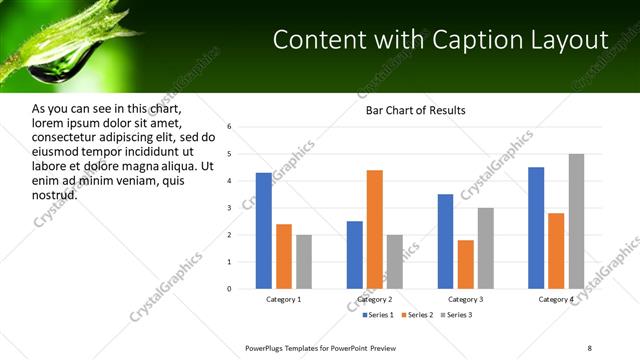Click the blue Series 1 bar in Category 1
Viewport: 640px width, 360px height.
263,230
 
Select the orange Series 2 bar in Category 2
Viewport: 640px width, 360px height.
375,229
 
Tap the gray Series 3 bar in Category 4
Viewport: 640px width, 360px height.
576,221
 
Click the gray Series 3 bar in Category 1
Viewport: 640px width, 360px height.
303,262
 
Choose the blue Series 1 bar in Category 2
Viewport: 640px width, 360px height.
355,255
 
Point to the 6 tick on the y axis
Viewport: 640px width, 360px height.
229,127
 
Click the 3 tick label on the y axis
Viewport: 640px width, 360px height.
229,208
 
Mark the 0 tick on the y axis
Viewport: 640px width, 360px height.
229,289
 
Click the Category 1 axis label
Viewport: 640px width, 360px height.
283,299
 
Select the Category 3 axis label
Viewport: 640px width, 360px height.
465,299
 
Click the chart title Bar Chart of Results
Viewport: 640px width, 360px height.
415,109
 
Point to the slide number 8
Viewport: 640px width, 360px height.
589,347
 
